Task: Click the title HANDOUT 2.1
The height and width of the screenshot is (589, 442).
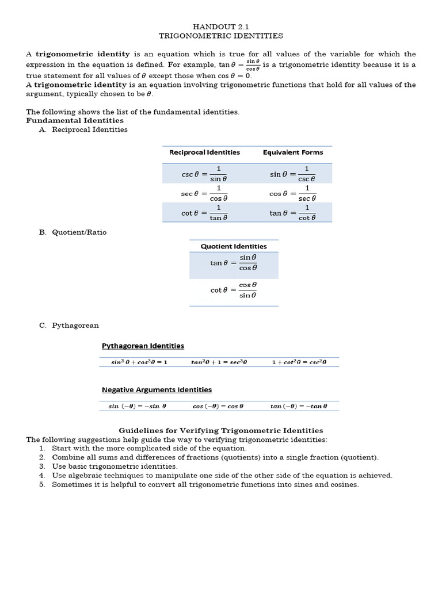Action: point(221,26)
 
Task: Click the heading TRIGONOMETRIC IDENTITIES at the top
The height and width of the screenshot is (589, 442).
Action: point(221,36)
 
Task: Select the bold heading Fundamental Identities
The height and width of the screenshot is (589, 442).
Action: point(75,121)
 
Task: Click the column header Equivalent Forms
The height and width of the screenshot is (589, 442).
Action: point(293,152)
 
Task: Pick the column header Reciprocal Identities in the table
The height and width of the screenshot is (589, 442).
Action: point(204,152)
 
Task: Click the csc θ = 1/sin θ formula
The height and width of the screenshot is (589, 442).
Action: point(204,173)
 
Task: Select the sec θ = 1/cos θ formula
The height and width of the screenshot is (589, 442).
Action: point(204,193)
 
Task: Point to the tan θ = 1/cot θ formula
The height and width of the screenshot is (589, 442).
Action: point(293,213)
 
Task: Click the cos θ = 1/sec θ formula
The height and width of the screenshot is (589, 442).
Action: point(293,193)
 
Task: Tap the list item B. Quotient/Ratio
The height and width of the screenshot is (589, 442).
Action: point(73,232)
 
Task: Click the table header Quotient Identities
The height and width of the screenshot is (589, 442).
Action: point(234,246)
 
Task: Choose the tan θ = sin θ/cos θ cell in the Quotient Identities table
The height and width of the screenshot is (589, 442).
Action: point(234,263)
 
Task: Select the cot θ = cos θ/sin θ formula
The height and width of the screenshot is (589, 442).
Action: point(234,290)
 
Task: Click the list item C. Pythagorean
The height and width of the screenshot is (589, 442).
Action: point(69,326)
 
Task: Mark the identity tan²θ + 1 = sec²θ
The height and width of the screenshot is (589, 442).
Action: point(219,362)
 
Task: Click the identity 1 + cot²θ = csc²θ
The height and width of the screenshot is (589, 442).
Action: point(299,362)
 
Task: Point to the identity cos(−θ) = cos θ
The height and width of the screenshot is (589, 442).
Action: point(219,406)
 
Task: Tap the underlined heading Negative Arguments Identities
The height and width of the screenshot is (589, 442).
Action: point(157,390)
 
